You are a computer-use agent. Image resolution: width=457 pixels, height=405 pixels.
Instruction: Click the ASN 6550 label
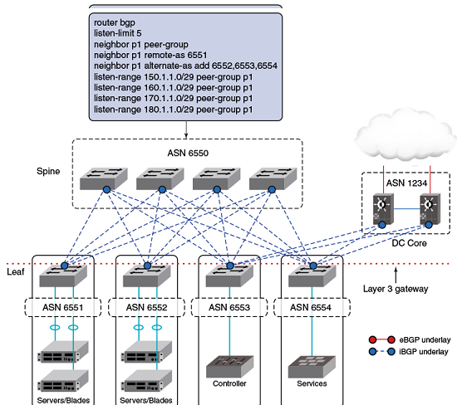(x=188, y=154)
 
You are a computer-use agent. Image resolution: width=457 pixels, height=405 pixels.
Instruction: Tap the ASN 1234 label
(x=406, y=183)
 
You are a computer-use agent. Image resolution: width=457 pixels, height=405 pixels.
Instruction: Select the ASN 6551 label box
(x=63, y=307)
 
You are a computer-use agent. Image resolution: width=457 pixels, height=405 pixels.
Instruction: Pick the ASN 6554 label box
(x=312, y=307)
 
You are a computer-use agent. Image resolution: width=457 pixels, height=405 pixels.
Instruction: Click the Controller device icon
(x=229, y=367)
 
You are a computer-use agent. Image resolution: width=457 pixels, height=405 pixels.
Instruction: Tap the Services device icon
(x=312, y=367)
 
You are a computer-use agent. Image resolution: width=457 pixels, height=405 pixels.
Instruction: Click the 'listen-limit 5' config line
(x=118, y=33)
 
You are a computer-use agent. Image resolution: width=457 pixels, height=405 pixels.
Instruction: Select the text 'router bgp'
(x=115, y=22)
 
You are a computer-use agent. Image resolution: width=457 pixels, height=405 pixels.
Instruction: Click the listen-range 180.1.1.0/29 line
(x=174, y=110)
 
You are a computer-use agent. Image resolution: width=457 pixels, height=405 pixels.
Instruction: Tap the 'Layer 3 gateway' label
(x=396, y=289)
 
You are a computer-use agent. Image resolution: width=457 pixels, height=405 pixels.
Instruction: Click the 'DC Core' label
(x=409, y=243)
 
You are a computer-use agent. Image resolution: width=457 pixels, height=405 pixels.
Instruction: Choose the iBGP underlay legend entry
(x=409, y=352)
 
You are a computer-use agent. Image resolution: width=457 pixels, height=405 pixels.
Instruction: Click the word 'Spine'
(x=48, y=171)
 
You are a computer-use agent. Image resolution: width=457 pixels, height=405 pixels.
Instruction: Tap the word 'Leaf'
(x=16, y=272)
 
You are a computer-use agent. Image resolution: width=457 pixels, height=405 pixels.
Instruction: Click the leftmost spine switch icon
(x=104, y=178)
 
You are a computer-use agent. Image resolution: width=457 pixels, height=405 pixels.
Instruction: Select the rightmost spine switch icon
(x=273, y=178)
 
